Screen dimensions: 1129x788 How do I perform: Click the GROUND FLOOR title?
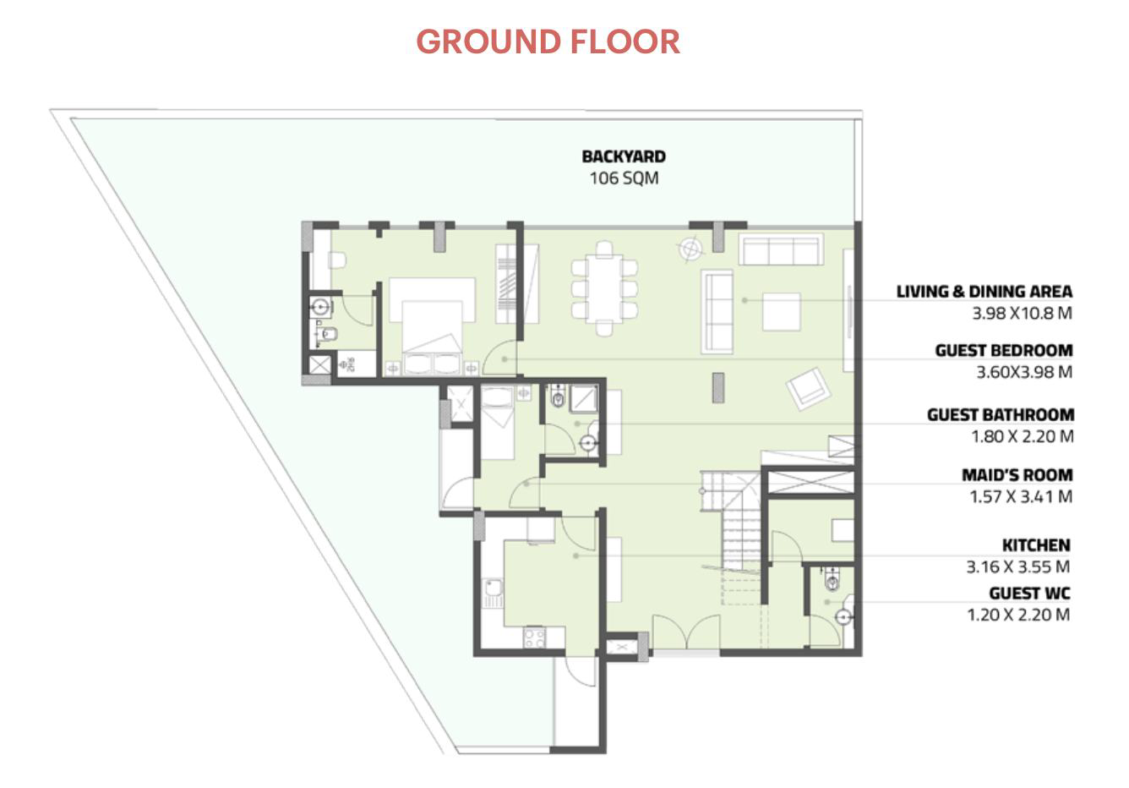click(x=548, y=41)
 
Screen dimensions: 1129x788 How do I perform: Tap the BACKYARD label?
click(x=624, y=156)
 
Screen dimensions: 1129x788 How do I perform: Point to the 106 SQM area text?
click(x=624, y=178)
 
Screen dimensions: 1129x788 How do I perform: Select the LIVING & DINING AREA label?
click(x=984, y=292)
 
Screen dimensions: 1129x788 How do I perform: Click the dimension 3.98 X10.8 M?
click(x=1022, y=313)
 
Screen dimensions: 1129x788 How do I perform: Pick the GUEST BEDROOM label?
click(x=1004, y=350)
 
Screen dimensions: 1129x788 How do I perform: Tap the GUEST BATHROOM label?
click(x=1001, y=415)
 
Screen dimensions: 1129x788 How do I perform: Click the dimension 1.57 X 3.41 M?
click(x=1021, y=496)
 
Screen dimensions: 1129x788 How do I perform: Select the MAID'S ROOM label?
click(x=1017, y=475)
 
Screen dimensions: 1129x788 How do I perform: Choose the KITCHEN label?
click(x=1036, y=545)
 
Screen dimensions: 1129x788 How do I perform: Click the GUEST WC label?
click(x=1030, y=594)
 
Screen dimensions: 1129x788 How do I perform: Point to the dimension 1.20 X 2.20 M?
click(x=1018, y=615)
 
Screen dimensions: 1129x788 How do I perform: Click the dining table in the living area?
click(x=604, y=288)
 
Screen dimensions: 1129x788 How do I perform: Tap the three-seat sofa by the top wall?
click(x=781, y=249)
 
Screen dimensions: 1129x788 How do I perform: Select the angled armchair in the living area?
click(x=808, y=388)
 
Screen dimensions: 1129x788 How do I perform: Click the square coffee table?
click(x=781, y=312)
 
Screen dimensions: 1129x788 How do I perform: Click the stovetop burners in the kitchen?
click(x=534, y=638)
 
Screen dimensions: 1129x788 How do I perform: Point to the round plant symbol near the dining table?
click(x=690, y=249)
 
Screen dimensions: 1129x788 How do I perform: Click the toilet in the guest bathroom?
click(x=558, y=396)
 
